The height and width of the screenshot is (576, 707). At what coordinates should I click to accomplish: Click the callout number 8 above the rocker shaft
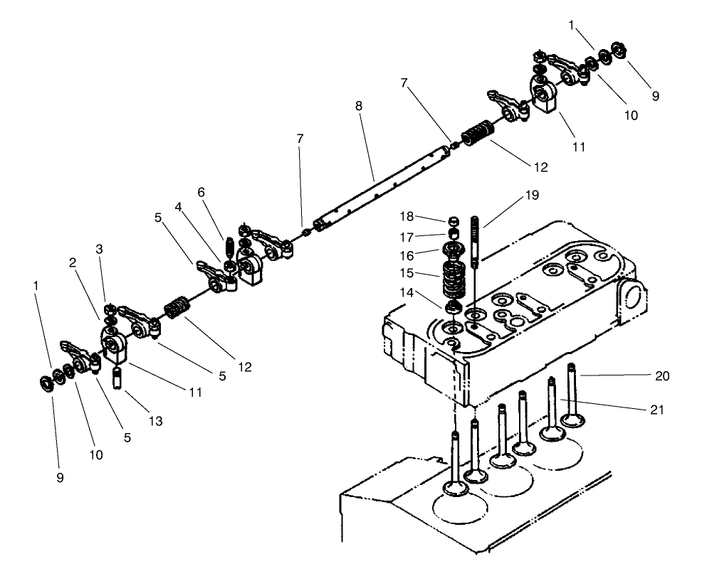(x=359, y=105)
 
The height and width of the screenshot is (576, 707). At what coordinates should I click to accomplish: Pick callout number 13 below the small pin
(x=155, y=421)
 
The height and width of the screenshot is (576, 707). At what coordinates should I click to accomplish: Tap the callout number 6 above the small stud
(x=201, y=192)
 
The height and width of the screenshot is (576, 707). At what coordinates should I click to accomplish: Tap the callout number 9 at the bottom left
(x=60, y=477)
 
